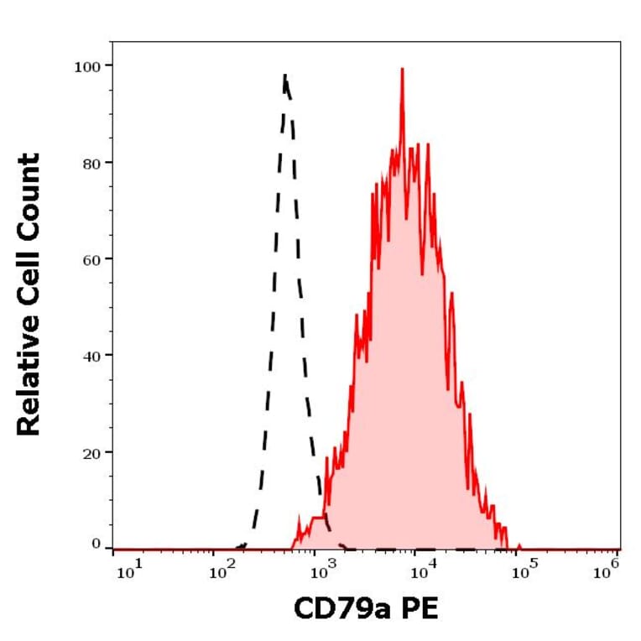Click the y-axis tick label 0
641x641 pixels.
(x=95, y=544)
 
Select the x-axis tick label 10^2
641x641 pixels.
(x=223, y=573)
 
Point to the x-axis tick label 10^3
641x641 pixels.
(x=320, y=573)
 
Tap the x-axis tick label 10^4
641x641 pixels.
(x=422, y=573)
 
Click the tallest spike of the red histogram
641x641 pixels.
(x=402, y=70)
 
